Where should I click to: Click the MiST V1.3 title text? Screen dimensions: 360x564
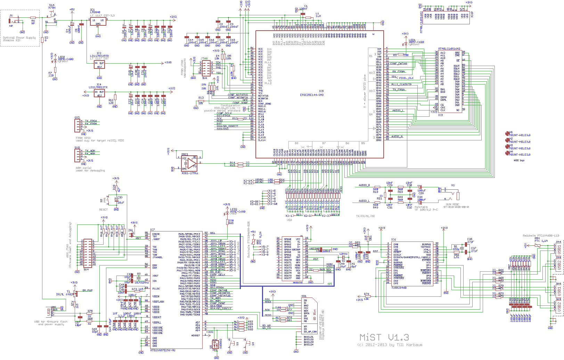(x=384, y=337)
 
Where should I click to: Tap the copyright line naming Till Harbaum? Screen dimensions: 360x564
(x=390, y=345)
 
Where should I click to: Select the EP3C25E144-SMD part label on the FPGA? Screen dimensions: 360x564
(x=312, y=95)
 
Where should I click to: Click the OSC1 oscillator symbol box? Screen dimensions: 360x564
(x=189, y=162)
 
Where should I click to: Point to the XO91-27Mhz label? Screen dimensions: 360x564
(x=190, y=173)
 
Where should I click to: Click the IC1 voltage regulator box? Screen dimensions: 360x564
(x=98, y=22)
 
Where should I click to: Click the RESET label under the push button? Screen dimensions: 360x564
(x=104, y=210)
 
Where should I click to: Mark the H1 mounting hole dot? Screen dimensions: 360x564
(x=507, y=134)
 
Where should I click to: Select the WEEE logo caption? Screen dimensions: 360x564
(x=519, y=160)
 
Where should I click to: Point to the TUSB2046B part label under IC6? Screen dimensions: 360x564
(x=399, y=288)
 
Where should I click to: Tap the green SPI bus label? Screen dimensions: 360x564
(x=330, y=284)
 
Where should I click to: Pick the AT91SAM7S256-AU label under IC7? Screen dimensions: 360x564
(x=163, y=350)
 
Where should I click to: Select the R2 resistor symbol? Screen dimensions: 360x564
(x=42, y=40)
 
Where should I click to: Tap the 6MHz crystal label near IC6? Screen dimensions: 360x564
(x=456, y=249)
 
